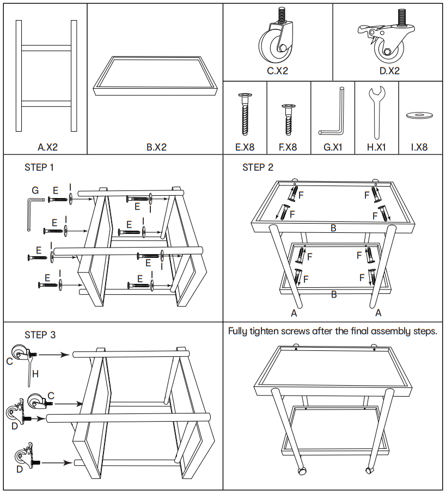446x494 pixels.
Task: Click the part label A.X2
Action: point(47,147)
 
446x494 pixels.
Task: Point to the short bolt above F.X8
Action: point(288,120)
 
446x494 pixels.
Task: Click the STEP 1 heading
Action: point(39,168)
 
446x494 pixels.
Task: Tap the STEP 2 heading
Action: point(258,168)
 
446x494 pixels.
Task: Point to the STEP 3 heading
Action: point(40,335)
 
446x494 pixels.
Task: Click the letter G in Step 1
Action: point(35,190)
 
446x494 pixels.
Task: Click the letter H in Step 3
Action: point(35,374)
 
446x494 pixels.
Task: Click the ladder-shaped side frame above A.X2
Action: point(46,76)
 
